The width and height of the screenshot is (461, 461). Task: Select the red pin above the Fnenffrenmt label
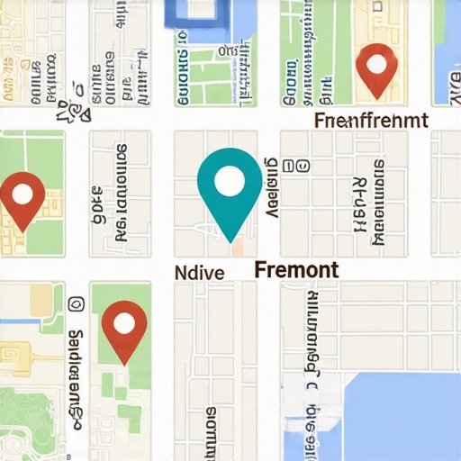tap(376, 68)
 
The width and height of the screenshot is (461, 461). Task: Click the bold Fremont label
tap(296, 269)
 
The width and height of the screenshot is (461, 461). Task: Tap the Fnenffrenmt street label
tap(371, 120)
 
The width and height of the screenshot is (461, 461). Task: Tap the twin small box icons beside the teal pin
tap(295, 167)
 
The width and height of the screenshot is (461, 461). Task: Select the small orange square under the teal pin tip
tap(238, 247)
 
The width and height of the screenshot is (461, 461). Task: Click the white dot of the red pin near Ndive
tap(124, 321)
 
